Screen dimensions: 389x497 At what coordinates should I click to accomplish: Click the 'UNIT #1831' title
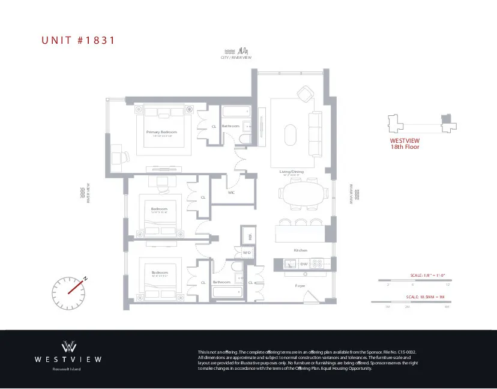pyautogui.click(x=77, y=41)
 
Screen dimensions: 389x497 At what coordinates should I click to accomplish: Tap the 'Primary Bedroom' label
pyautogui.click(x=161, y=131)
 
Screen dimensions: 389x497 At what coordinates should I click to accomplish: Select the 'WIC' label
pyautogui.click(x=231, y=193)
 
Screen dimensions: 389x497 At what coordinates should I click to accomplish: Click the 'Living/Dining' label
pyautogui.click(x=292, y=172)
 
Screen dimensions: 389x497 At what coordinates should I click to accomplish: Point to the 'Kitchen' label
pyautogui.click(x=300, y=250)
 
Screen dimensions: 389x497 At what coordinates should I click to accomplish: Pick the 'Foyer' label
pyautogui.click(x=300, y=286)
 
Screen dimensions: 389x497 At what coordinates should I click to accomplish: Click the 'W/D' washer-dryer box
pyautogui.click(x=246, y=253)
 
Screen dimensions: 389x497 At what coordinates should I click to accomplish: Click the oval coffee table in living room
pyautogui.click(x=290, y=134)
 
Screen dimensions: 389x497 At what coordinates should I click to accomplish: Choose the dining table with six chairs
pyautogui.click(x=303, y=195)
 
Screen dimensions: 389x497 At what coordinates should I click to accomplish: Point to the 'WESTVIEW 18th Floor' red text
pyautogui.click(x=405, y=143)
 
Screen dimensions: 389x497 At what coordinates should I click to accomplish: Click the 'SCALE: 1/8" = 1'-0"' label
pyautogui.click(x=427, y=275)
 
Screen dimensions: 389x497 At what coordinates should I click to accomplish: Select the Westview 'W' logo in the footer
pyautogui.click(x=68, y=346)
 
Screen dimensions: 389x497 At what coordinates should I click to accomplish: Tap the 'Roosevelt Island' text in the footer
pyautogui.click(x=68, y=369)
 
